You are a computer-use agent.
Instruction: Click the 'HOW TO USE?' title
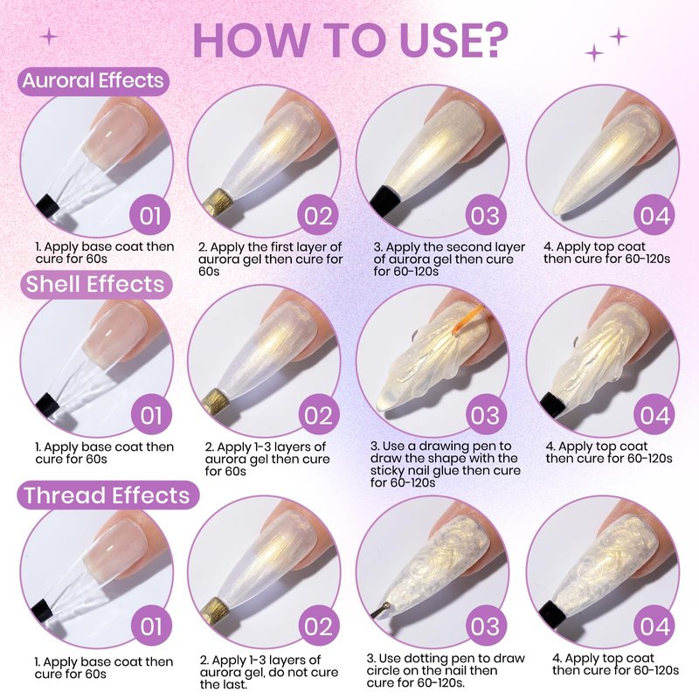pos(350,40)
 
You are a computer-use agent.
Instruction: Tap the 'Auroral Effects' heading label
pos(93,80)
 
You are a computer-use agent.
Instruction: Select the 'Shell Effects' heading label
pos(95,285)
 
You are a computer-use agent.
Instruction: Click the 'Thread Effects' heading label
pos(107,495)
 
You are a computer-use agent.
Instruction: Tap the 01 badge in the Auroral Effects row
pos(150,215)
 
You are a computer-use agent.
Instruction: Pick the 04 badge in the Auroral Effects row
pos(654,215)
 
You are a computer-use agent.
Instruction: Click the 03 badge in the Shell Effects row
pos(486,415)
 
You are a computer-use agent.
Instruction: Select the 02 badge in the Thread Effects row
pos(318,626)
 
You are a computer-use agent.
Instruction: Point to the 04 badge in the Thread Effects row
pos(654,626)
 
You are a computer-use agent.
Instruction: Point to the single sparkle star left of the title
pos(49,37)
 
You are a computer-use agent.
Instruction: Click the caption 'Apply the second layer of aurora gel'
pos(449,253)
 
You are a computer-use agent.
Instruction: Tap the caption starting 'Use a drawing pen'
pos(445,464)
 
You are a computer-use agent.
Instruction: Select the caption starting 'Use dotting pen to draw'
pos(446,670)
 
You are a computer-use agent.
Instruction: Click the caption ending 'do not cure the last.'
pos(269,672)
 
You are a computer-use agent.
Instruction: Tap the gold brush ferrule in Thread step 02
pos(216,610)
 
